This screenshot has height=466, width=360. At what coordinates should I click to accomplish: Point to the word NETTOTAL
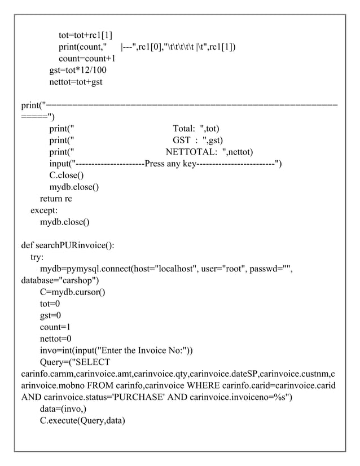[x=191, y=152]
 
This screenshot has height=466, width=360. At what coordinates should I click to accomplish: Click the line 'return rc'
[x=55, y=199]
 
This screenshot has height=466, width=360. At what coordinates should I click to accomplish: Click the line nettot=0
[x=55, y=339]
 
